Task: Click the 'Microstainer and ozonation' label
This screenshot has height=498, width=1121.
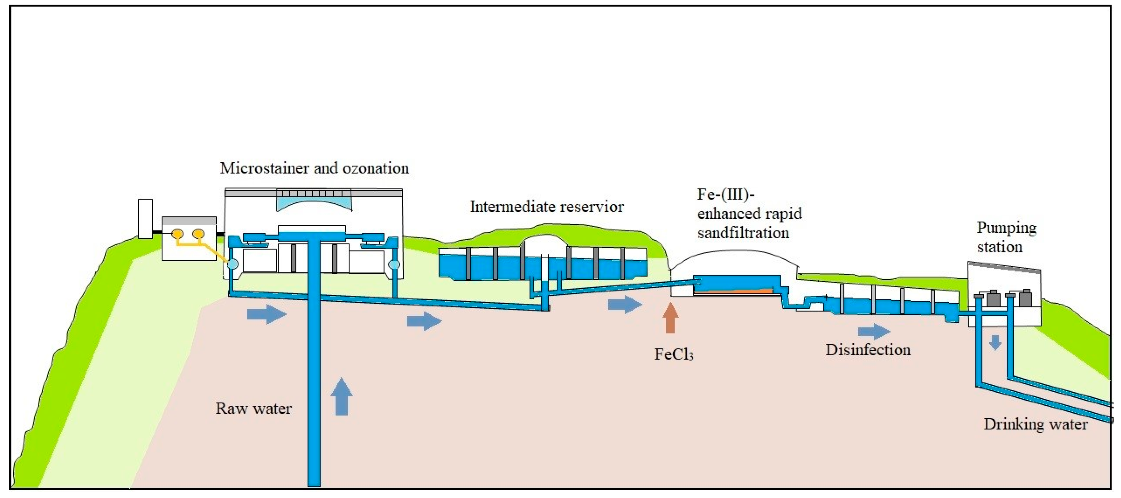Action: [314, 168]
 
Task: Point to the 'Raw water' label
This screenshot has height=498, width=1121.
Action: [253, 408]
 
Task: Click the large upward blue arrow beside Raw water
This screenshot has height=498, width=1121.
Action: [341, 396]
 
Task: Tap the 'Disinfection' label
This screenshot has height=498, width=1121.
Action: [868, 350]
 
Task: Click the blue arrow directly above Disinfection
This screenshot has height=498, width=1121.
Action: [874, 332]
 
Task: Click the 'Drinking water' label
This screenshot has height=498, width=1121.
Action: [1035, 424]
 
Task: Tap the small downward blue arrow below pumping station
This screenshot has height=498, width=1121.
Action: [995, 342]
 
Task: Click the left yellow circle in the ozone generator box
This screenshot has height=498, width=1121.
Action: [177, 234]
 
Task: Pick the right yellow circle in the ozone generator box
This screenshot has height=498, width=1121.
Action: [198, 234]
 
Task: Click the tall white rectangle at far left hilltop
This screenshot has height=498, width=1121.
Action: [145, 219]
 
